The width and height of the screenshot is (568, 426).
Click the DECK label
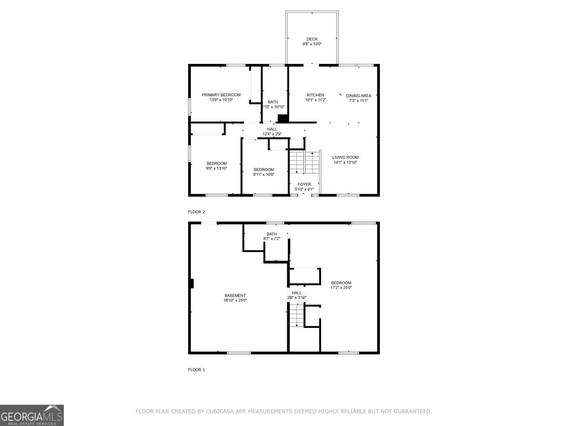tap(312, 39)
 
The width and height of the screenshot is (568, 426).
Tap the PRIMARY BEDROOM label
tap(221, 95)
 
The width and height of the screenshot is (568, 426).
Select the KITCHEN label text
tap(315, 95)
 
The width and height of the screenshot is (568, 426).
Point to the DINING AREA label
tap(359, 95)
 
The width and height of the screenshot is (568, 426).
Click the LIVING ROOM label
tap(345, 157)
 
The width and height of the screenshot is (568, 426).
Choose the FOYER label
tap(304, 184)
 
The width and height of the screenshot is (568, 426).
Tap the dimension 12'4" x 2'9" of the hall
tap(272, 134)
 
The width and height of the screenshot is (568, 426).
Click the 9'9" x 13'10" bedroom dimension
tap(217, 169)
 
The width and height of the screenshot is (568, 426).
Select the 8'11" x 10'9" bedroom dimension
tap(264, 174)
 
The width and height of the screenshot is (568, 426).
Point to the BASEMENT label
tap(235, 295)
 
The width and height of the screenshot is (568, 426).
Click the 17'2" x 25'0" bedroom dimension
tap(341, 288)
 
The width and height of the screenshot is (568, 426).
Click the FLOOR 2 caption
tap(196, 212)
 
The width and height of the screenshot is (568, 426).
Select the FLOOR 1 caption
tap(196, 370)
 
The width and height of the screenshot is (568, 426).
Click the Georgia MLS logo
tap(32, 415)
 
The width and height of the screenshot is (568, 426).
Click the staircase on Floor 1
tap(296, 316)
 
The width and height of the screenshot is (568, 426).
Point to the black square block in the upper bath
tap(283, 119)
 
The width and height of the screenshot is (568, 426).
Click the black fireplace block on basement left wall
tap(192, 284)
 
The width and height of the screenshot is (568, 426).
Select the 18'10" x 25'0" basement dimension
tap(235, 300)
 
